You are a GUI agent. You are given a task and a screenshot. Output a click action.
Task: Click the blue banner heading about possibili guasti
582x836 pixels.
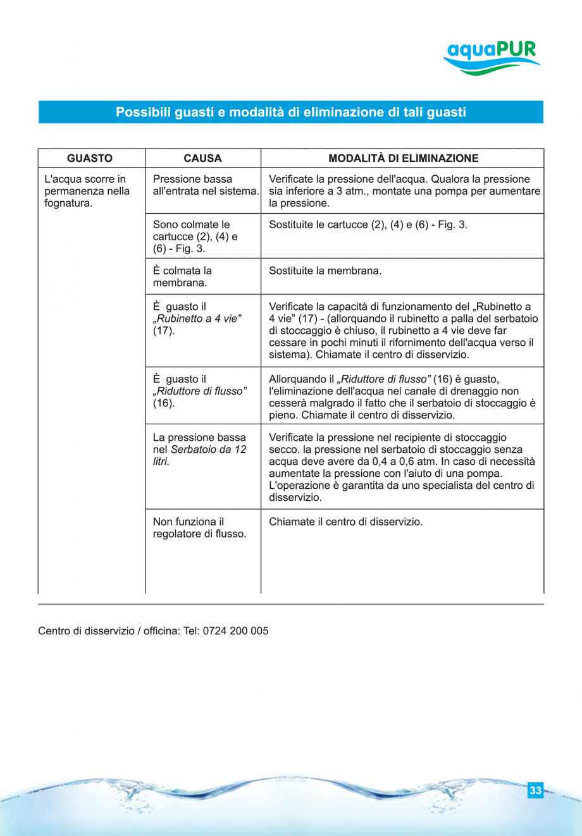290,112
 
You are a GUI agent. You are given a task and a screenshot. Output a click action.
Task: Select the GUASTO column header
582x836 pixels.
90,158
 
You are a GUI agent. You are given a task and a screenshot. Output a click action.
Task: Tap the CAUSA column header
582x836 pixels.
202,158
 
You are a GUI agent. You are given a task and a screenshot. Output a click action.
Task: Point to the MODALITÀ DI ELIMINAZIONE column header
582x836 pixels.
403,158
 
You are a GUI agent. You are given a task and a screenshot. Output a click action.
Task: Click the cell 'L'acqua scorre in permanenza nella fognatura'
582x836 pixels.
87,191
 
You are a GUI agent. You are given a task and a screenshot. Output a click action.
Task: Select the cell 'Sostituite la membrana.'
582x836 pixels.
325,271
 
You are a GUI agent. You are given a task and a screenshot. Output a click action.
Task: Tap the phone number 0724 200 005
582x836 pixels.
235,631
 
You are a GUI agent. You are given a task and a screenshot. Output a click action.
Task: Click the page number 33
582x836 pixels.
535,790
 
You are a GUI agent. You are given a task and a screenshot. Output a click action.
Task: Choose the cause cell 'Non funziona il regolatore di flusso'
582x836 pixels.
199,527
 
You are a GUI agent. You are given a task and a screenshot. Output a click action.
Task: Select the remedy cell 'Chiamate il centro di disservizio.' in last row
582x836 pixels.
345,522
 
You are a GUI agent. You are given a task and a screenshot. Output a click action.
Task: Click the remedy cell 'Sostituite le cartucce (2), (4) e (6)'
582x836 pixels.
368,224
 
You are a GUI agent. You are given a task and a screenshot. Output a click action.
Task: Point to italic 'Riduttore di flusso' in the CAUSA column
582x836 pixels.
199,391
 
